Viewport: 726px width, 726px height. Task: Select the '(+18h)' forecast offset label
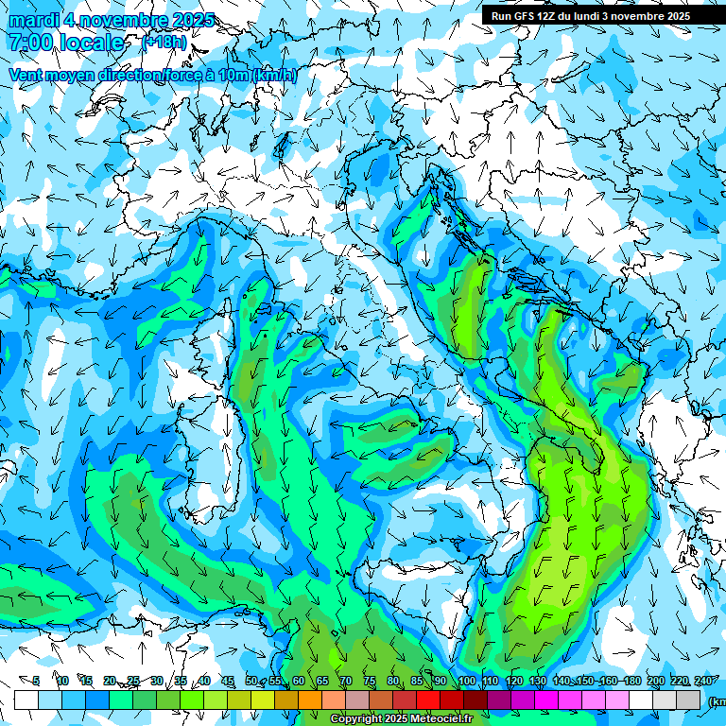point(164,42)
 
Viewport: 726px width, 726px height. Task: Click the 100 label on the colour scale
point(466,681)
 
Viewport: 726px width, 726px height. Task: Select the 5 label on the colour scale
point(36,681)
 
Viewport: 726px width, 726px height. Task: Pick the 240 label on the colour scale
point(703,681)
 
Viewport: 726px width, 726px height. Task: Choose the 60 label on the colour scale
point(298,681)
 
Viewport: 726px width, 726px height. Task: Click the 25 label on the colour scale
point(133,681)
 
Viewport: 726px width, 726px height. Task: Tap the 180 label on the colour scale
point(632,681)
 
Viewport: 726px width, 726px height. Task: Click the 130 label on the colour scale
point(538,681)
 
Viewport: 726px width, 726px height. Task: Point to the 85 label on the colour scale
point(417,681)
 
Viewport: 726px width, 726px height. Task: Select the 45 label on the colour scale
point(228,681)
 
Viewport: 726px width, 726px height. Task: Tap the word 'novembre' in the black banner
point(634,15)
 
